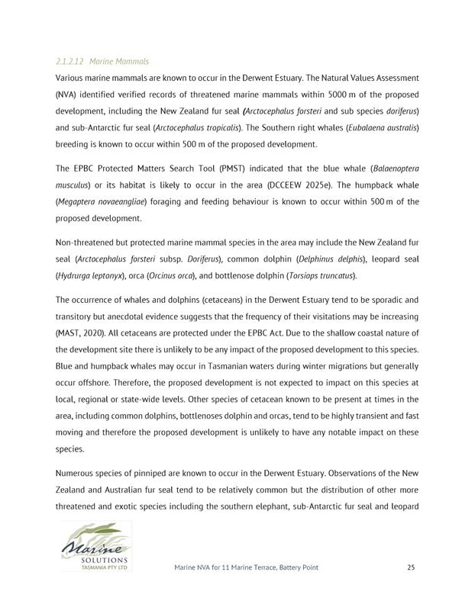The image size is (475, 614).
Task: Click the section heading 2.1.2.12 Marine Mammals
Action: [x=102, y=61]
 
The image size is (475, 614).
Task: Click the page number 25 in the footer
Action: [x=410, y=567]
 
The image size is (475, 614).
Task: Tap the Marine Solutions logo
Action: [x=96, y=547]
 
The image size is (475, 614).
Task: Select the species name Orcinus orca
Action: [x=160, y=275]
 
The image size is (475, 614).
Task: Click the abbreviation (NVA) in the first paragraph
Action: [x=68, y=95]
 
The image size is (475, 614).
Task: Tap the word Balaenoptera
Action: [x=394, y=169]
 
